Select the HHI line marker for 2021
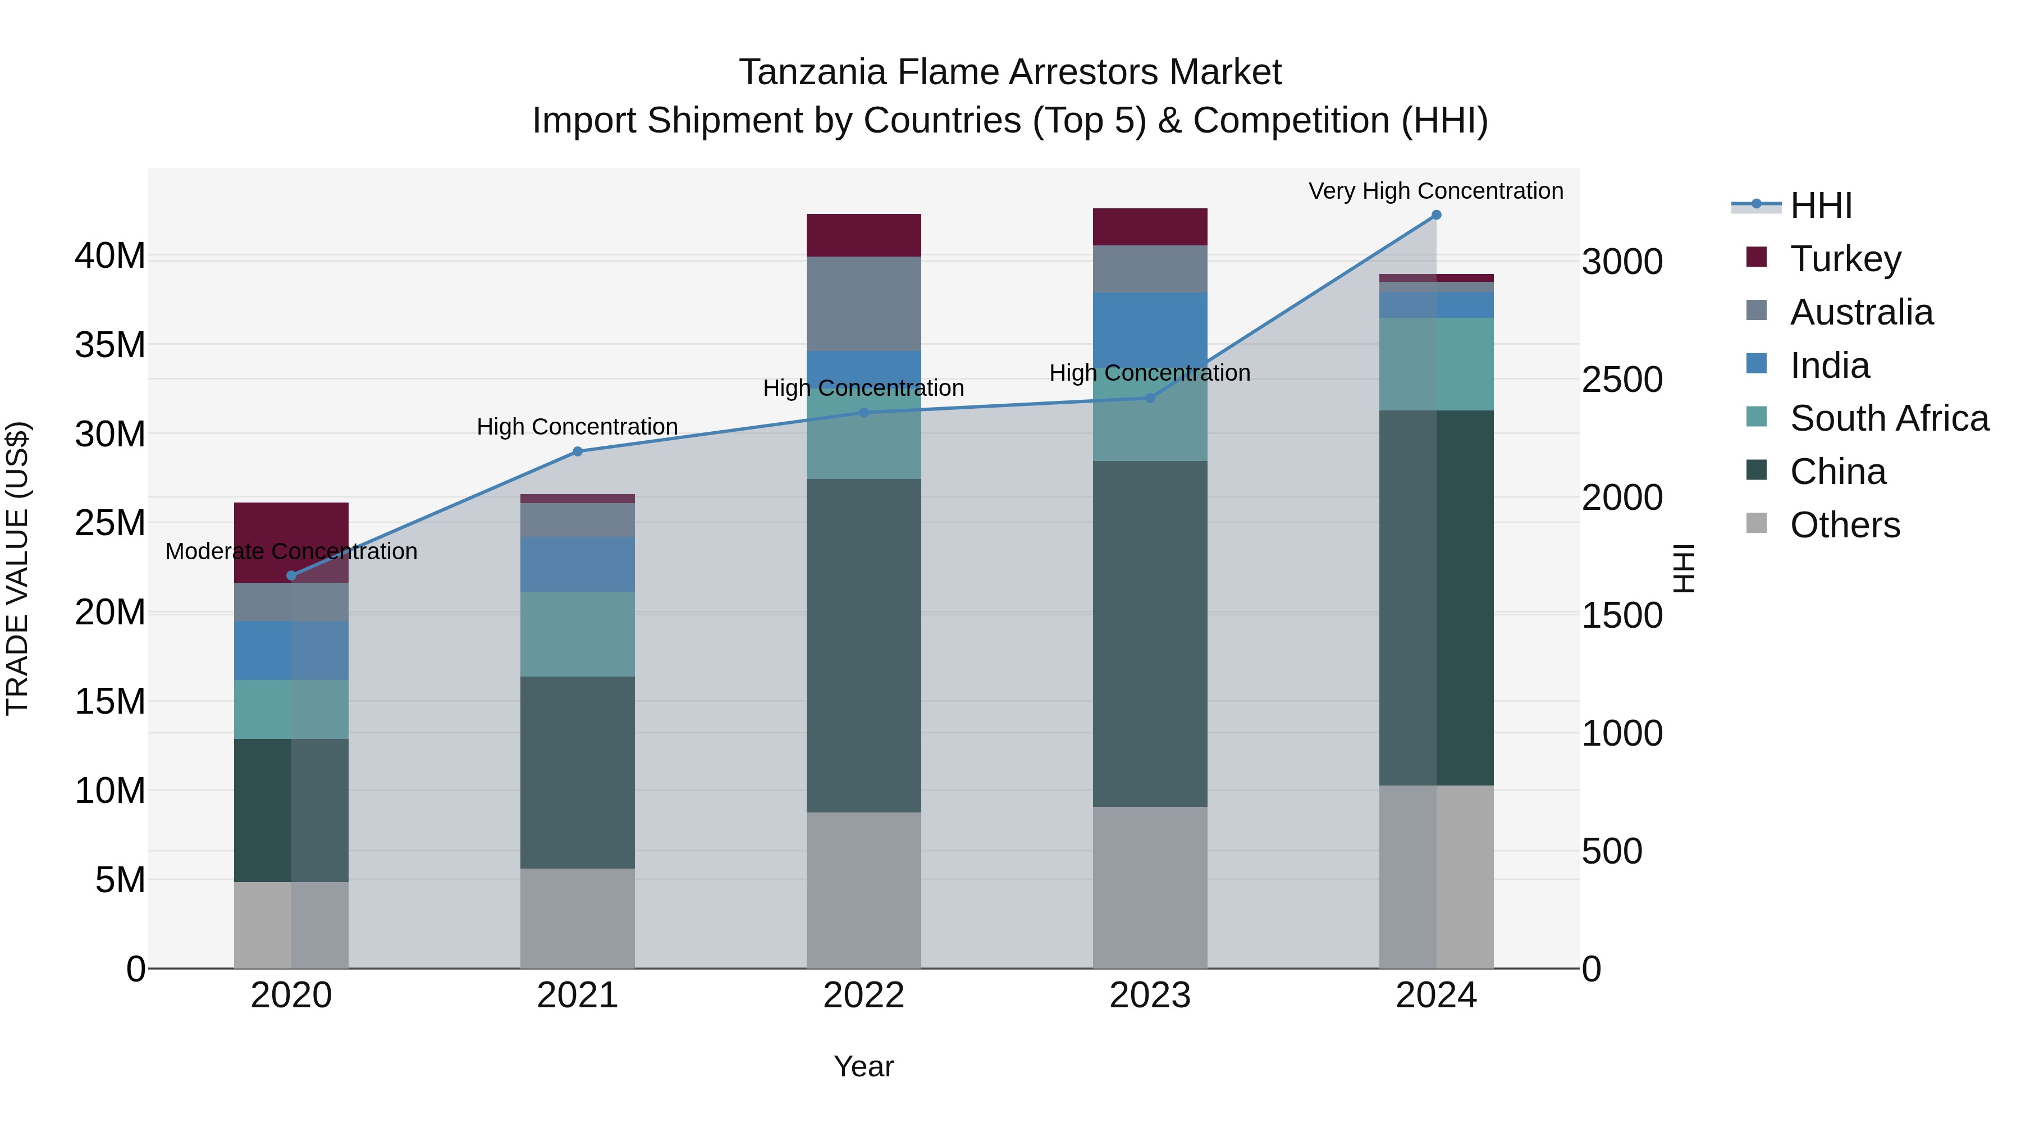click(578, 451)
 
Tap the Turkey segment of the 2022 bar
click(864, 235)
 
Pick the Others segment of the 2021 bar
click(578, 917)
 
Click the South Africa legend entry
click(1889, 418)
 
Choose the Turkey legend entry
click(1845, 258)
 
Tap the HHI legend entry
click(1820, 206)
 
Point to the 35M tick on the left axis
click(110, 345)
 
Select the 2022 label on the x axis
click(864, 996)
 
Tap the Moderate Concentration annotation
click(291, 551)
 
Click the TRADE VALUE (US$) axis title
click(18, 568)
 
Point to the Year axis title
click(864, 1066)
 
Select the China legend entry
click(1837, 472)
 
